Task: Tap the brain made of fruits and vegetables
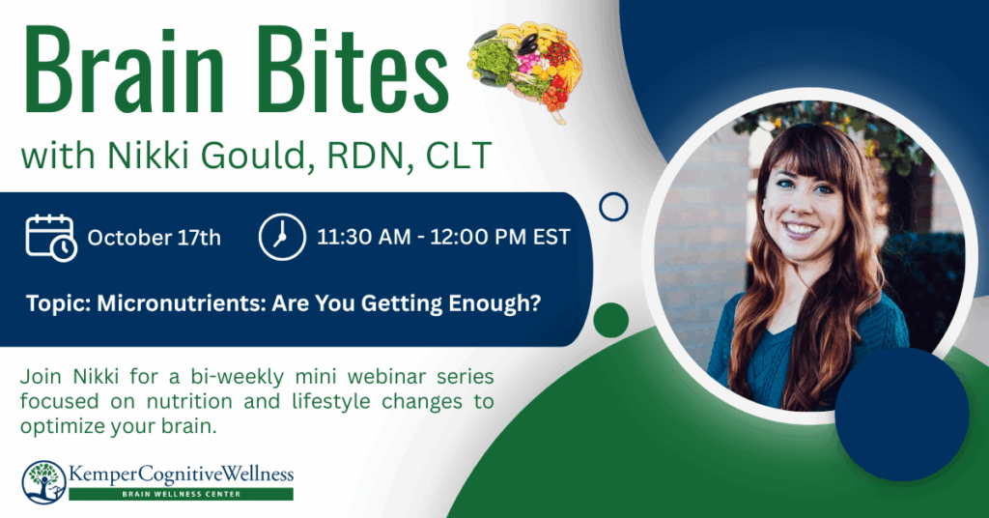tap(525, 70)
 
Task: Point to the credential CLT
tap(459, 156)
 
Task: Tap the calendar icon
tap(50, 237)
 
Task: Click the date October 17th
tap(154, 238)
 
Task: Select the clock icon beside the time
tap(282, 237)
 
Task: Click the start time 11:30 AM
tap(363, 237)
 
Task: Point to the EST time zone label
tap(551, 237)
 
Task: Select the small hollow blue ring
tap(613, 195)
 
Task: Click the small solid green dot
tap(610, 320)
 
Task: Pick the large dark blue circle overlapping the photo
tap(902, 415)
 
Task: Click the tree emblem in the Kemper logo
tap(43, 482)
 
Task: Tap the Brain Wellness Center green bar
tap(181, 494)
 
